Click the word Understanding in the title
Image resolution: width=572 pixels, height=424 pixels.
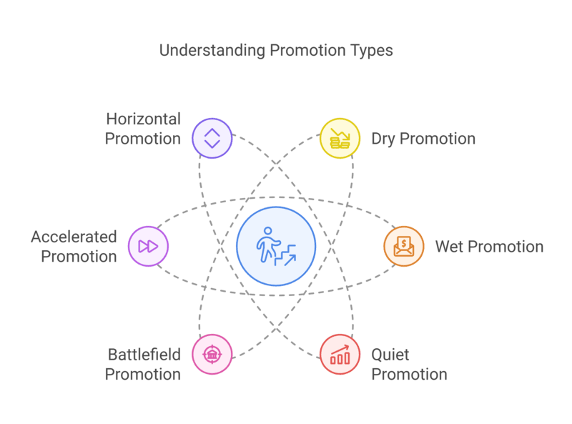[212, 50]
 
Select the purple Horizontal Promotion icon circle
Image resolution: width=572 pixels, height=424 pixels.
[212, 138]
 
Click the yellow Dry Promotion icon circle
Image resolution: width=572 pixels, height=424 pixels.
[340, 138]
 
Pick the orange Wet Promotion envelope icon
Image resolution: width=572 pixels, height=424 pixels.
[404, 246]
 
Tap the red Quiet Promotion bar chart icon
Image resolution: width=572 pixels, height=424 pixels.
[340, 355]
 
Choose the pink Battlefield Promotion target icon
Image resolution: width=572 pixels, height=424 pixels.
[212, 355]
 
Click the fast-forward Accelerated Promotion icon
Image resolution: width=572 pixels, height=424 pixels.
[148, 246]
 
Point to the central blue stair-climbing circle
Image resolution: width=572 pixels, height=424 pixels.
[276, 246]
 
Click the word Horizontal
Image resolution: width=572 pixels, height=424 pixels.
[144, 119]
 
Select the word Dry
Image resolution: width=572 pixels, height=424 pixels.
[383, 139]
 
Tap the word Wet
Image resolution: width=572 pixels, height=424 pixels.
[450, 247]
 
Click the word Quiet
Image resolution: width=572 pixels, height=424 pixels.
[390, 355]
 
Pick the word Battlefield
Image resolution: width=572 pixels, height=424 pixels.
[144, 355]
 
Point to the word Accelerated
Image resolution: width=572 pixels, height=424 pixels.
[74, 237]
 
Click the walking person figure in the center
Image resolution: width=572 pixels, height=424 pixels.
[268, 245]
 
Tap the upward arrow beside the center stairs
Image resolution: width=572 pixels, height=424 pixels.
[290, 260]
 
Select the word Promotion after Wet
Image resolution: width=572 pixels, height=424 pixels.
[506, 247]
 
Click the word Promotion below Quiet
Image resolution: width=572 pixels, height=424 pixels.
[409, 375]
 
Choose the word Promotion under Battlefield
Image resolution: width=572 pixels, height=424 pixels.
[142, 375]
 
